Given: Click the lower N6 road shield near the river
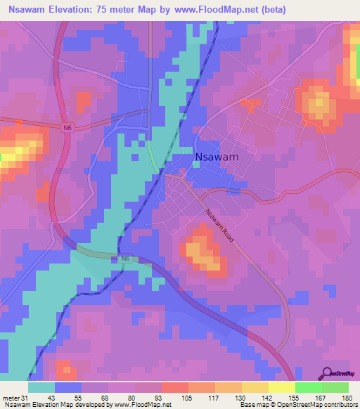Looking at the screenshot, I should (x=124, y=259).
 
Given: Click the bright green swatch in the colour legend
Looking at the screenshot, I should (x=309, y=387).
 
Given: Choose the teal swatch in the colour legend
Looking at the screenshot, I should (x=41, y=387).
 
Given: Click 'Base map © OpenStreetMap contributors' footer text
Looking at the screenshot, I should (x=296, y=404).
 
